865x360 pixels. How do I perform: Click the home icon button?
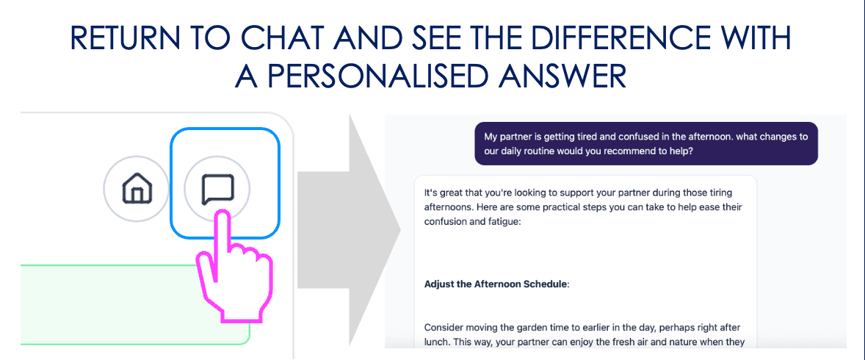pyautogui.click(x=135, y=189)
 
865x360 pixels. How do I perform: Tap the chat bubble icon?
pyautogui.click(x=217, y=189)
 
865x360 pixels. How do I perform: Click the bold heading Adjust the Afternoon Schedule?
pyautogui.click(x=497, y=284)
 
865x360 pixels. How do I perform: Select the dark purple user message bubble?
pyautogui.click(x=645, y=143)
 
